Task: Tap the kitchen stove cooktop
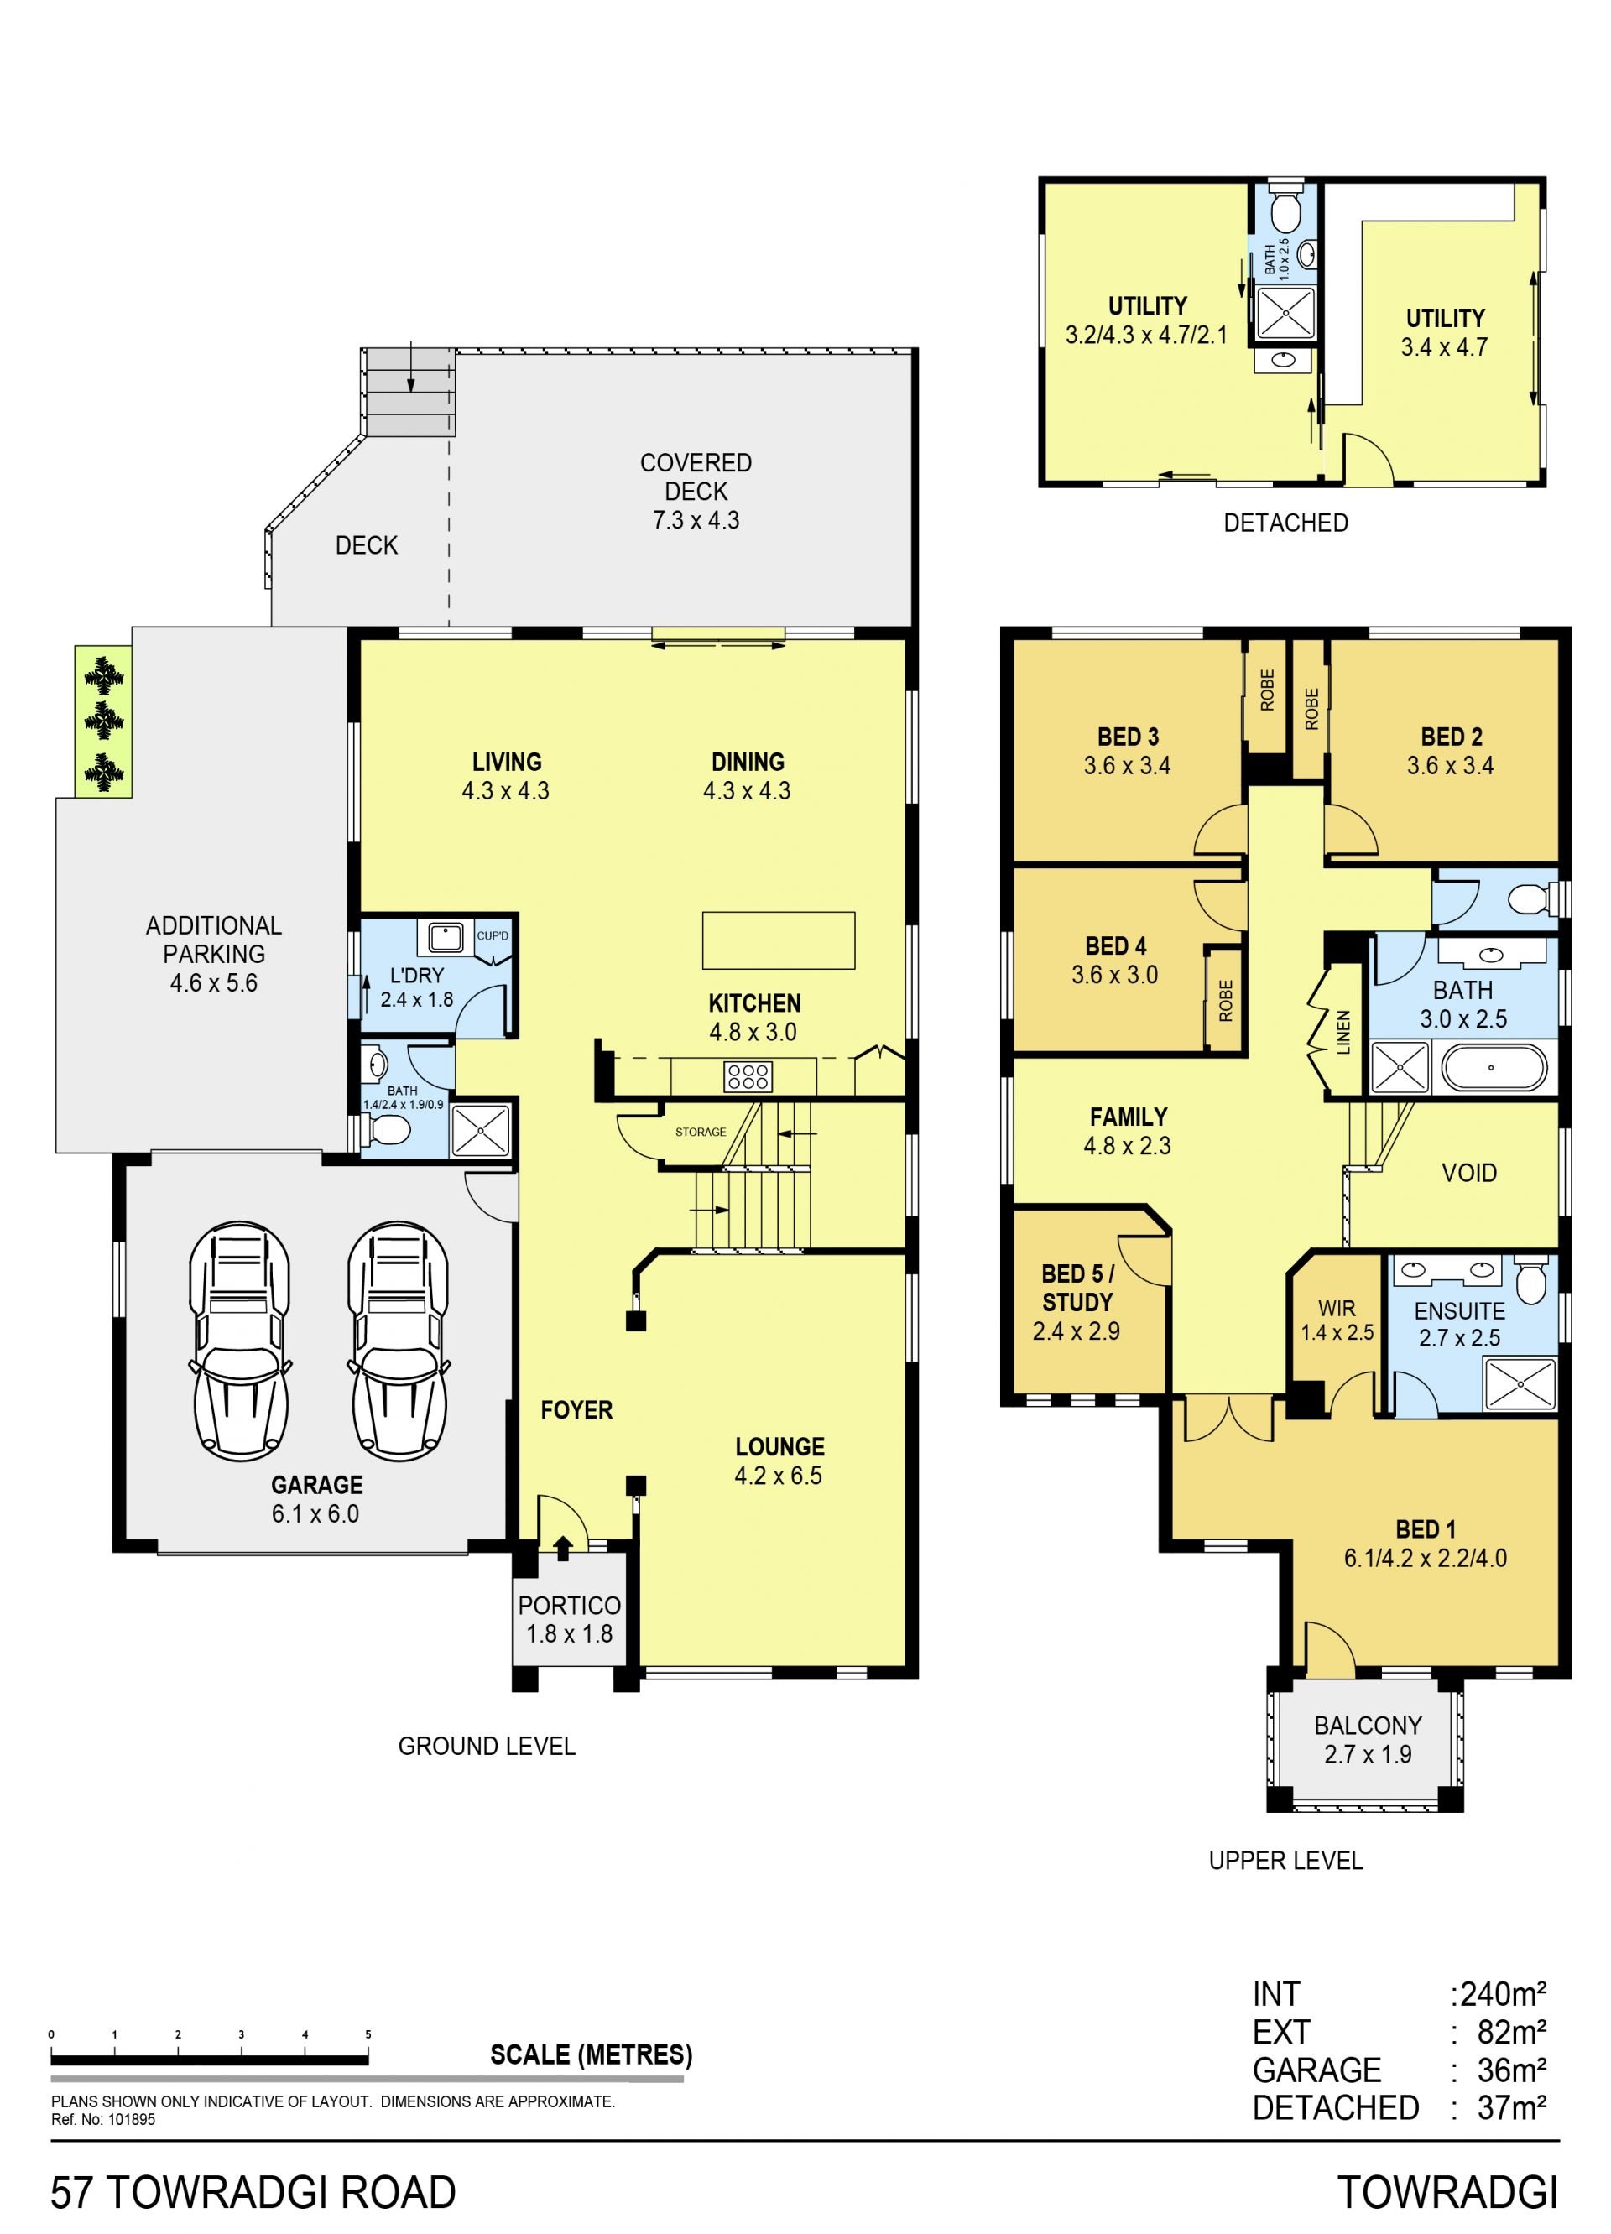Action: pyautogui.click(x=748, y=1076)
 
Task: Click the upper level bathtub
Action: pyautogui.click(x=1494, y=1068)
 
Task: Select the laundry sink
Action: pyautogui.click(x=446, y=937)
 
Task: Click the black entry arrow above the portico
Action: pyautogui.click(x=563, y=1549)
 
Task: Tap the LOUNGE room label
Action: pyautogui.click(x=779, y=1447)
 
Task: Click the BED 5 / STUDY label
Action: pyautogui.click(x=1077, y=1288)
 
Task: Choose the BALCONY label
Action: pyautogui.click(x=1368, y=1726)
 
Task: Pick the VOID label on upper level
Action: pyautogui.click(x=1469, y=1173)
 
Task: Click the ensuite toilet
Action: pyautogui.click(x=1530, y=1278)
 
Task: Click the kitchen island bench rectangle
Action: pyautogui.click(x=779, y=940)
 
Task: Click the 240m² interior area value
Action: pyautogui.click(x=1504, y=1995)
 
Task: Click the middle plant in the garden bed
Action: pyautogui.click(x=103, y=721)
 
